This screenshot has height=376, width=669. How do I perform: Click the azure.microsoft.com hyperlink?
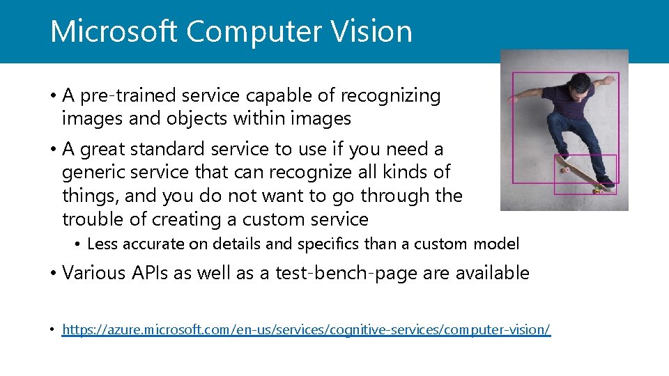point(306,329)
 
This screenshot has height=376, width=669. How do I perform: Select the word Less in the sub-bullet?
point(102,244)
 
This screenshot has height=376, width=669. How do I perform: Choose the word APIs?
point(148,273)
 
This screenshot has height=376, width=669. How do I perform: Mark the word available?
point(492,273)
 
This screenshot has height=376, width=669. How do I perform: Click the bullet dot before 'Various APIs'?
point(52,274)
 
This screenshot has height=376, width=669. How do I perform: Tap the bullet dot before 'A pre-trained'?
point(52,96)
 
